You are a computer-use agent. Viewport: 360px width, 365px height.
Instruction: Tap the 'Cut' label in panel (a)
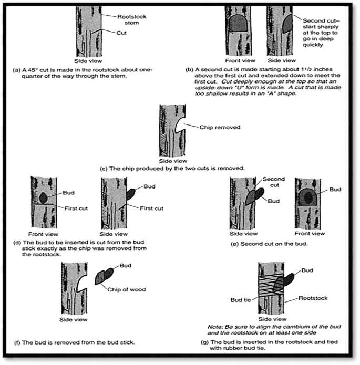click(x=121, y=32)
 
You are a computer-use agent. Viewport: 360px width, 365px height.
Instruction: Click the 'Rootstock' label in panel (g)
click(x=313, y=298)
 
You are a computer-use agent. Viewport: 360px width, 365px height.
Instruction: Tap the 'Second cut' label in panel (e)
click(x=273, y=182)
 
